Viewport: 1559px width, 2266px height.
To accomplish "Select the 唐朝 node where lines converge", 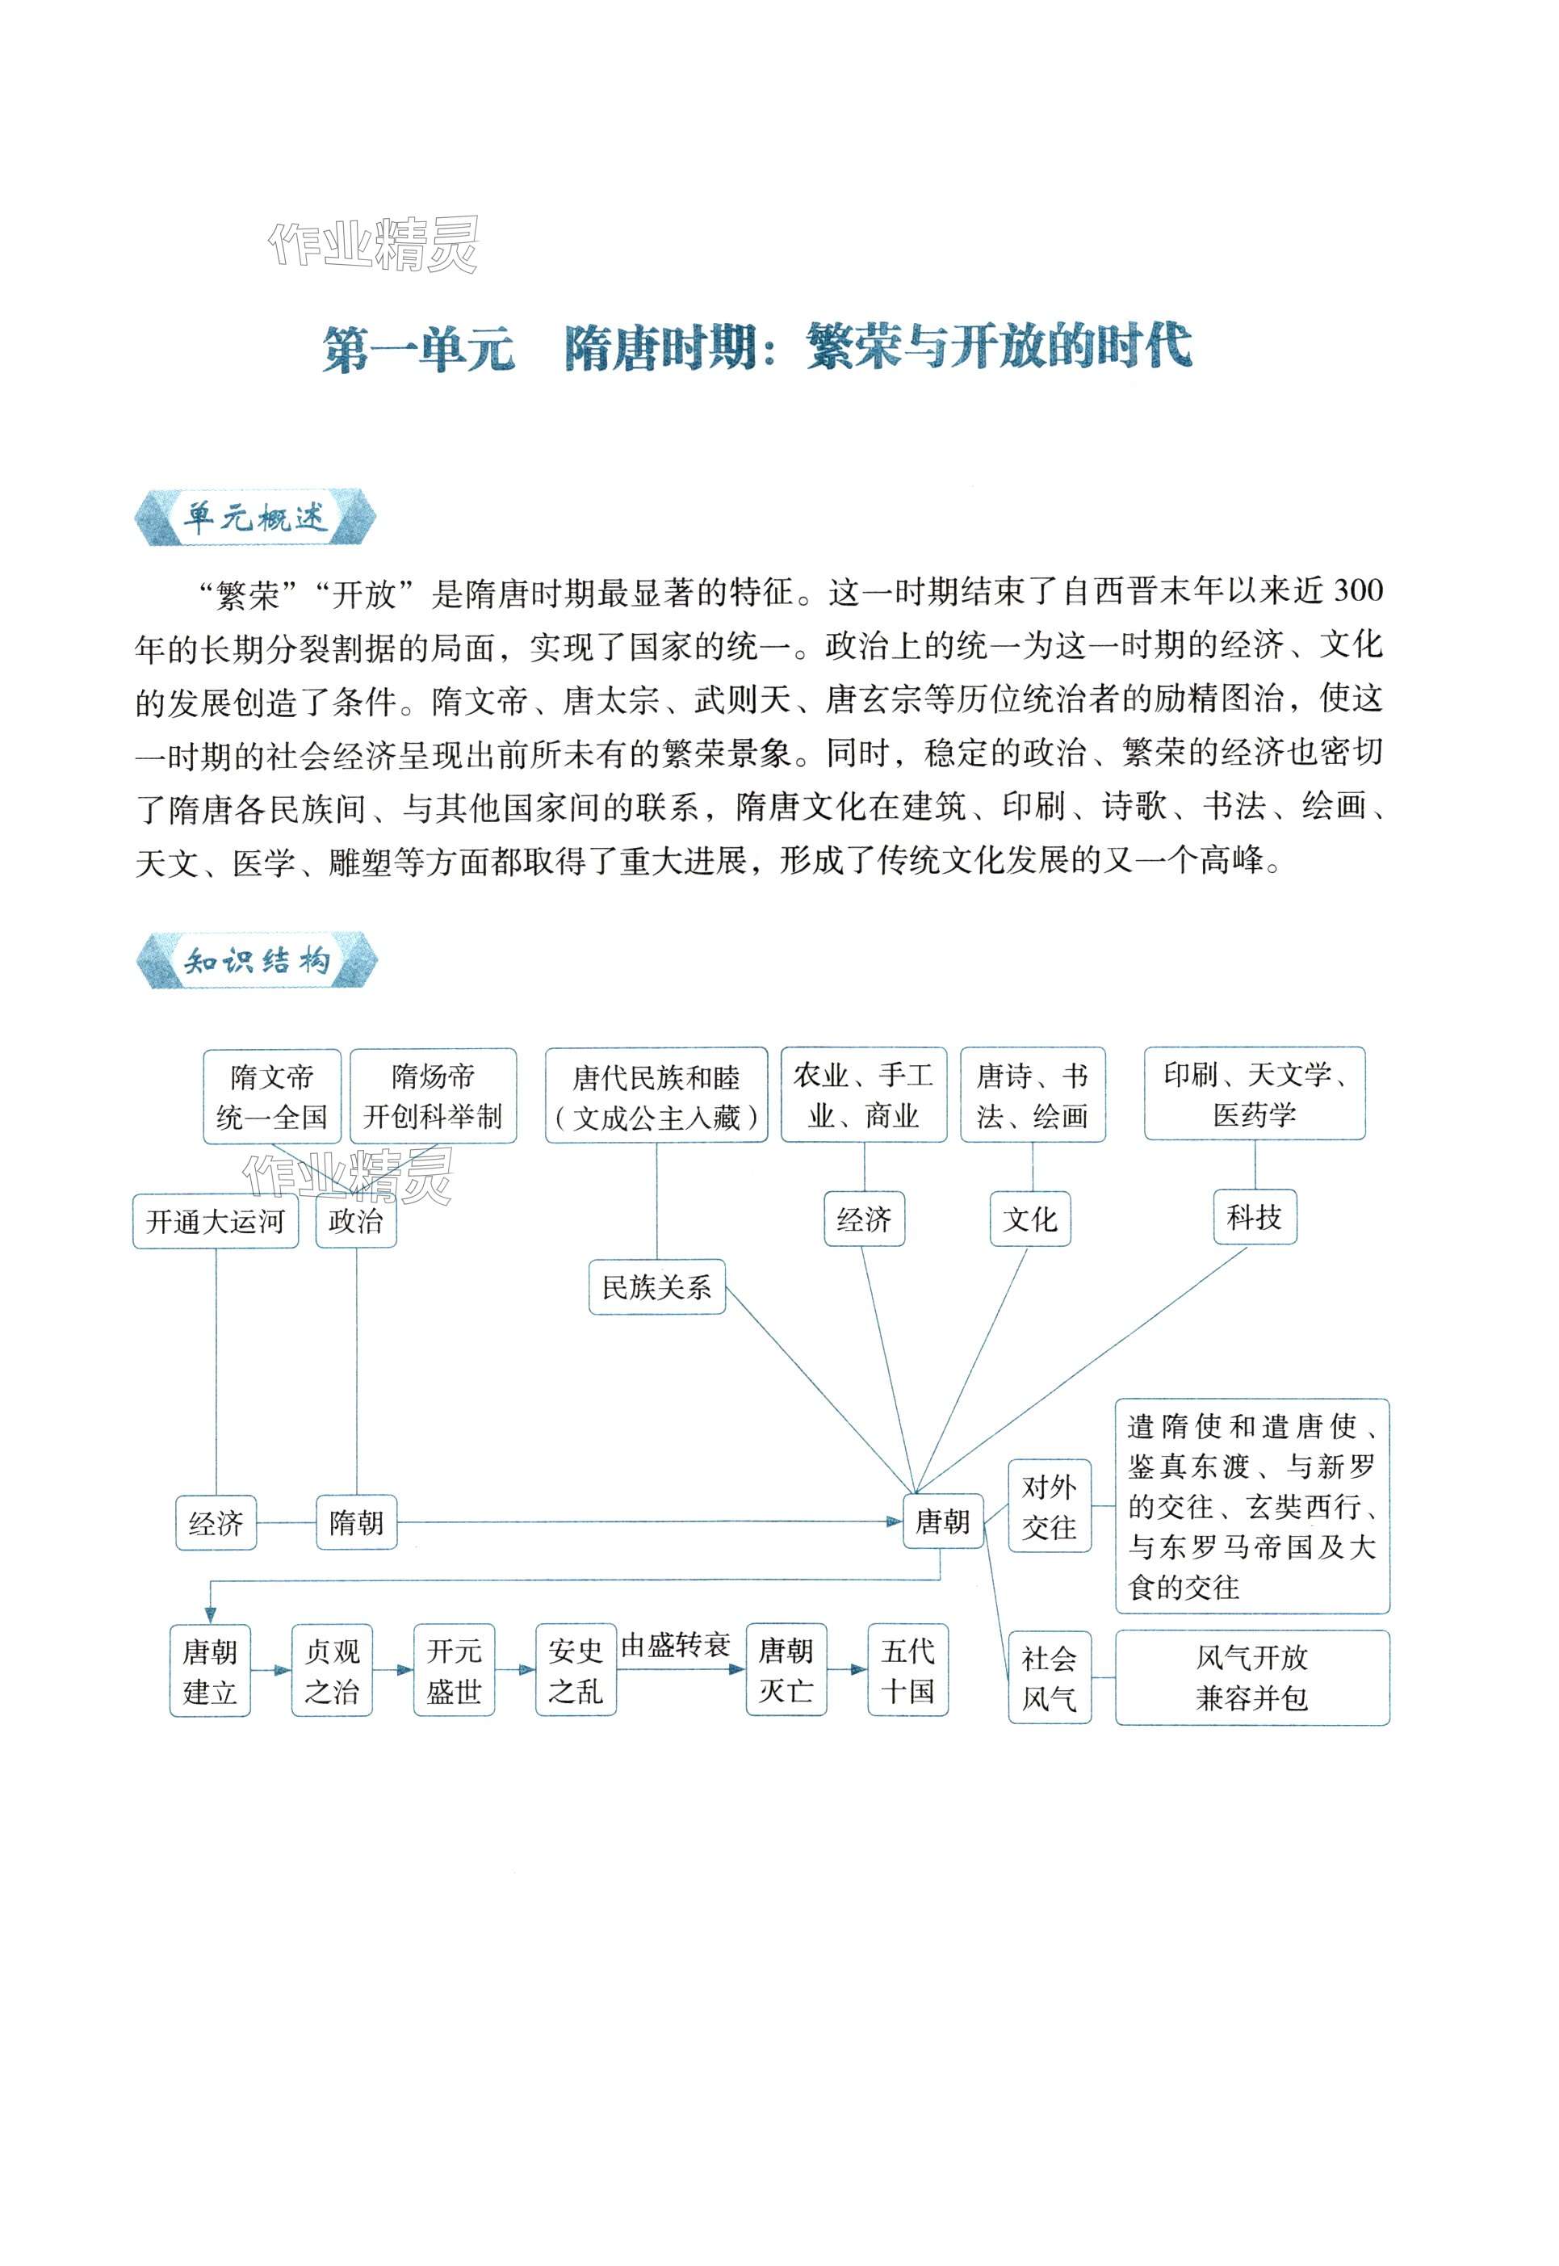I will [941, 1521].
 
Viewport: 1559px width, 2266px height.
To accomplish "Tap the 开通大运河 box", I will [215, 1220].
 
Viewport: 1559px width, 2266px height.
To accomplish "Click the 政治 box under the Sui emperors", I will [355, 1220].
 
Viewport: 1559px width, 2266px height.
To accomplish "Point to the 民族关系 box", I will [656, 1287].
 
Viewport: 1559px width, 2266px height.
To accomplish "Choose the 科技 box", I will [1255, 1218].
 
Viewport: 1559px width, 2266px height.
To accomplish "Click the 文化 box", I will [1030, 1219].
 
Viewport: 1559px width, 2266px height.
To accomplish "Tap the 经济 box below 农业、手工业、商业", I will [865, 1219].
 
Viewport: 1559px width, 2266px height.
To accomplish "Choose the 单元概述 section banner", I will [255, 517].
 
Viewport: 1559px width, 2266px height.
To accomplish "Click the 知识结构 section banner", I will [256, 962].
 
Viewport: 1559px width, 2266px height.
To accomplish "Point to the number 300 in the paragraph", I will [1358, 590].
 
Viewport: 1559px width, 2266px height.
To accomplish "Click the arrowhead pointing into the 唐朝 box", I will [893, 1521].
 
